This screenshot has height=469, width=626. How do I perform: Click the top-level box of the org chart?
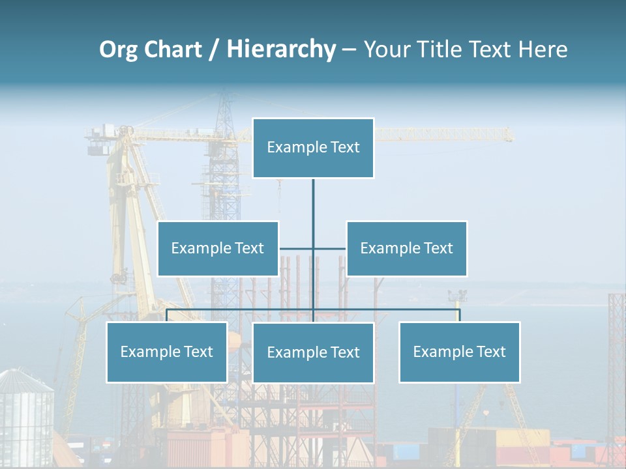[313, 148]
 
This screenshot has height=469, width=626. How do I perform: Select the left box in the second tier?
[218, 248]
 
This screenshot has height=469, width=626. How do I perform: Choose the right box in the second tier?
[406, 248]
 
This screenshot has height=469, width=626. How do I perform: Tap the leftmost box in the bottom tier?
[167, 352]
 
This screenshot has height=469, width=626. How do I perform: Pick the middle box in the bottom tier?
[313, 352]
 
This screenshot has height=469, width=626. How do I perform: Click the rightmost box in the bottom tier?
[459, 352]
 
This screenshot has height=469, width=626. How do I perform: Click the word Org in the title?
[118, 50]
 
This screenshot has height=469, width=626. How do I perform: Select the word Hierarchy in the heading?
[281, 50]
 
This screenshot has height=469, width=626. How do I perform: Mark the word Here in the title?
[543, 50]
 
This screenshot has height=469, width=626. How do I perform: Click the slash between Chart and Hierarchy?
[214, 50]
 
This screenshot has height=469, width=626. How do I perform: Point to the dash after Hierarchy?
[349, 50]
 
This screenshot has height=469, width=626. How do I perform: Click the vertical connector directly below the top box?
[313, 208]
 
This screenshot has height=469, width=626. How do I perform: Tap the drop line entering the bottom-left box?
[167, 315]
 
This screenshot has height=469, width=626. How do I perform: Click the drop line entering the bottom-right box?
[459, 315]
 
